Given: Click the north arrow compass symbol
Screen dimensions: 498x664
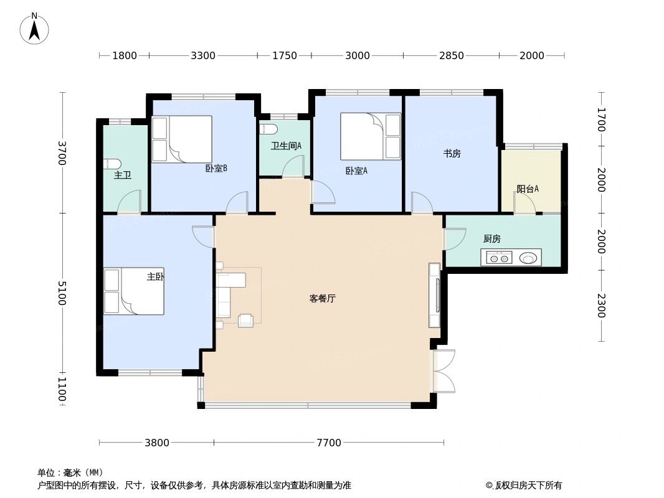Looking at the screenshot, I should (x=34, y=28).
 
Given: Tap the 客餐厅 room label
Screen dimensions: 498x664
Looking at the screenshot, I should (x=322, y=299).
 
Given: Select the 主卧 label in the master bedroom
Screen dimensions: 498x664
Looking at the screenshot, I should (x=155, y=277).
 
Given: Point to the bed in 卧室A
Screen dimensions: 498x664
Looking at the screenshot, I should (x=370, y=136).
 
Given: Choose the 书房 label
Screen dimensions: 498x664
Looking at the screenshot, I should (x=452, y=154).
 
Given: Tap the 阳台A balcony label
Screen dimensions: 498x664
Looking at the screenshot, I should (x=527, y=189).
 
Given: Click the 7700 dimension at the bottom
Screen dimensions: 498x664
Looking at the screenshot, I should (x=329, y=443).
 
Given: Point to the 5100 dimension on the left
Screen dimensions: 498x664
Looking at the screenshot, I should (x=62, y=293).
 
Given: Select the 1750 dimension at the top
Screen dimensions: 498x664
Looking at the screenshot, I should (x=284, y=55).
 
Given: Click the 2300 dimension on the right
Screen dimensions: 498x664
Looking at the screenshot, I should (x=601, y=305).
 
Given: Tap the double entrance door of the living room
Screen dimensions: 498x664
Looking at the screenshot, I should (x=444, y=371).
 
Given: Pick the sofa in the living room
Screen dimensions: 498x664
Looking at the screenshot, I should (x=224, y=294).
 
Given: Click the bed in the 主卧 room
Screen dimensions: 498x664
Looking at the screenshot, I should (x=133, y=291).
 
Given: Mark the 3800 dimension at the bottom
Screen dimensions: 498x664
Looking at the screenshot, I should (x=156, y=443).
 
